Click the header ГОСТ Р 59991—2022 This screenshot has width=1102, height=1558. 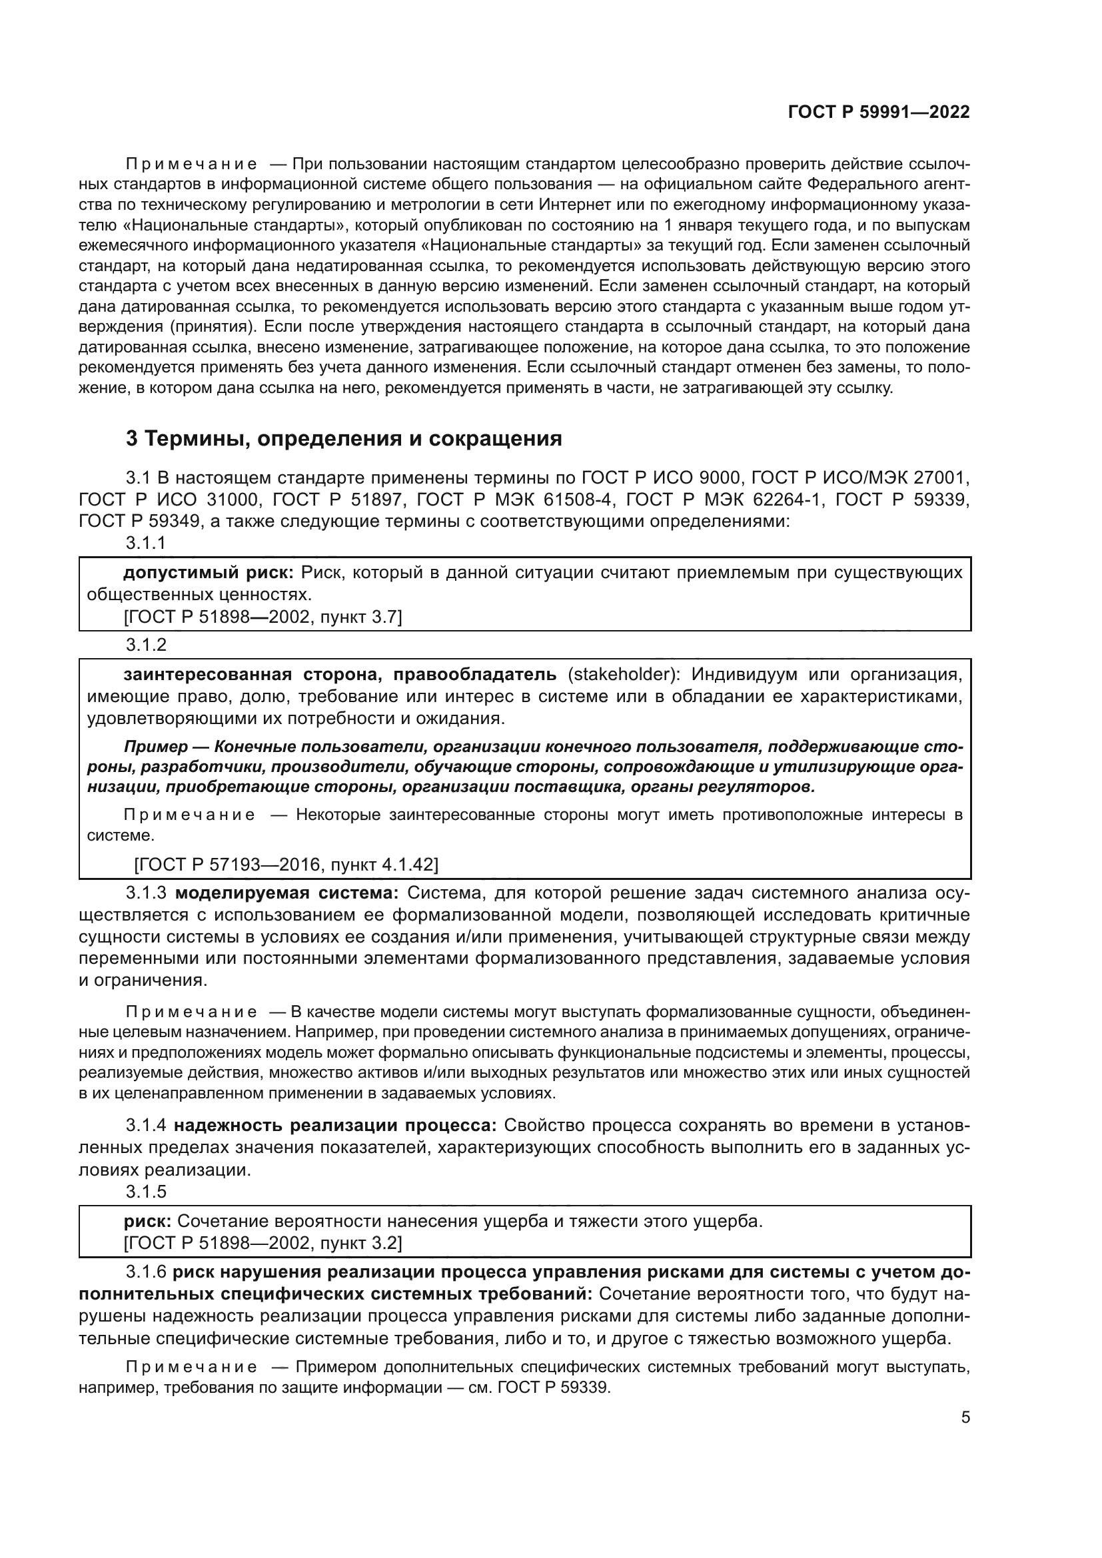pos(878,113)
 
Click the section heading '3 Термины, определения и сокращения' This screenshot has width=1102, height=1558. pos(343,439)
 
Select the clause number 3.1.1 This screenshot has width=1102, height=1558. pos(146,543)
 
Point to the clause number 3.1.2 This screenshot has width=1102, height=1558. pos(146,645)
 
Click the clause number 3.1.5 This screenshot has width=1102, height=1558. pos(146,1192)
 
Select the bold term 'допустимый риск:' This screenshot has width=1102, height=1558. pos(209,573)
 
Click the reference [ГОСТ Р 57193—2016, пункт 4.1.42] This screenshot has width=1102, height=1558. pos(286,865)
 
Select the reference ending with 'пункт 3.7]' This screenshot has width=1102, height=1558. pos(263,617)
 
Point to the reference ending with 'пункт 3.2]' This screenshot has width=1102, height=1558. pos(263,1243)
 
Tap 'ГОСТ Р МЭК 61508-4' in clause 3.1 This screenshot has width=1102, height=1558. pos(515,500)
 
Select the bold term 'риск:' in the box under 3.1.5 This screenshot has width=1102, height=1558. pos(147,1222)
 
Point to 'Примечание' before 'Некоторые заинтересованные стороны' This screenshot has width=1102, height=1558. pos(190,815)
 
